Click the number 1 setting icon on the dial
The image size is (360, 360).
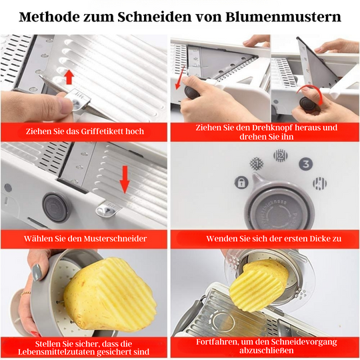(x=255, y=162)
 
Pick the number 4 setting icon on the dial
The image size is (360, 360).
(x=319, y=182)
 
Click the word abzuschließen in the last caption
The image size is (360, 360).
(x=266, y=351)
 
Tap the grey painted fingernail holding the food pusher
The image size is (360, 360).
(x=37, y=271)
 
